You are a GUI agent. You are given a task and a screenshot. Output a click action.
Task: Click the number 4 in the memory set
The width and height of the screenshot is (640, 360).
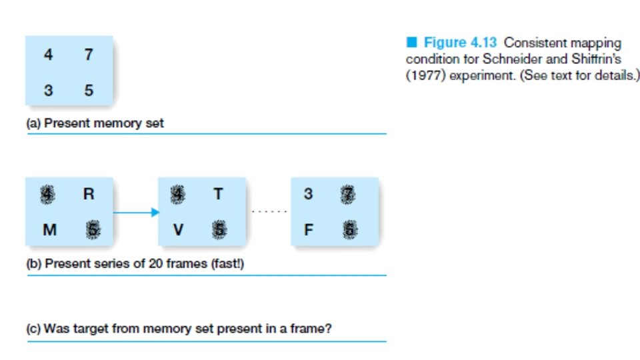[x=48, y=55]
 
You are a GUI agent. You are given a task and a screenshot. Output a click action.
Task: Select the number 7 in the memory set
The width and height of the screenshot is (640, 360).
[x=89, y=55]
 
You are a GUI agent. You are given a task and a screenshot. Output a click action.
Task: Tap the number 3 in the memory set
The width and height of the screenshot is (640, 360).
[x=48, y=89]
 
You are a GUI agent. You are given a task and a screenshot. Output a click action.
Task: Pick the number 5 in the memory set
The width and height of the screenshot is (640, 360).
[x=89, y=89]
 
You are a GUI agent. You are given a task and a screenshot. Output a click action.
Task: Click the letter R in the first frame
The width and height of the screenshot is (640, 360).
[x=89, y=195]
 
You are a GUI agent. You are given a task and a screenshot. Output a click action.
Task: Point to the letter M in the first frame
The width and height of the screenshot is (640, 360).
[x=49, y=230]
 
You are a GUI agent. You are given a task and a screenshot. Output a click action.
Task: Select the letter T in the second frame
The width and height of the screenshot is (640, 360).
[x=219, y=195]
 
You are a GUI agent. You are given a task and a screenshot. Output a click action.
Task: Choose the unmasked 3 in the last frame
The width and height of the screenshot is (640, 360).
[x=308, y=195]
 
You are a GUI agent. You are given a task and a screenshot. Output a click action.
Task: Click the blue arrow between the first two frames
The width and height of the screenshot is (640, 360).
[x=136, y=213]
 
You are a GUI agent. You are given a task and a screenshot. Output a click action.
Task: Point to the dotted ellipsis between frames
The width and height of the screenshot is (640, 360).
[x=269, y=212]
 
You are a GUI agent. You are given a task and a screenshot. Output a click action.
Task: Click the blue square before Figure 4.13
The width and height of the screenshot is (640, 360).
[x=412, y=43]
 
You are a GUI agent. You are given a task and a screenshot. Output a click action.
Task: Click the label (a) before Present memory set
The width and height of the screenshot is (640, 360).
[x=34, y=123]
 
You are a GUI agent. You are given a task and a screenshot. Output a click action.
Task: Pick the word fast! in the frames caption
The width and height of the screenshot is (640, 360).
[x=228, y=264]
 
